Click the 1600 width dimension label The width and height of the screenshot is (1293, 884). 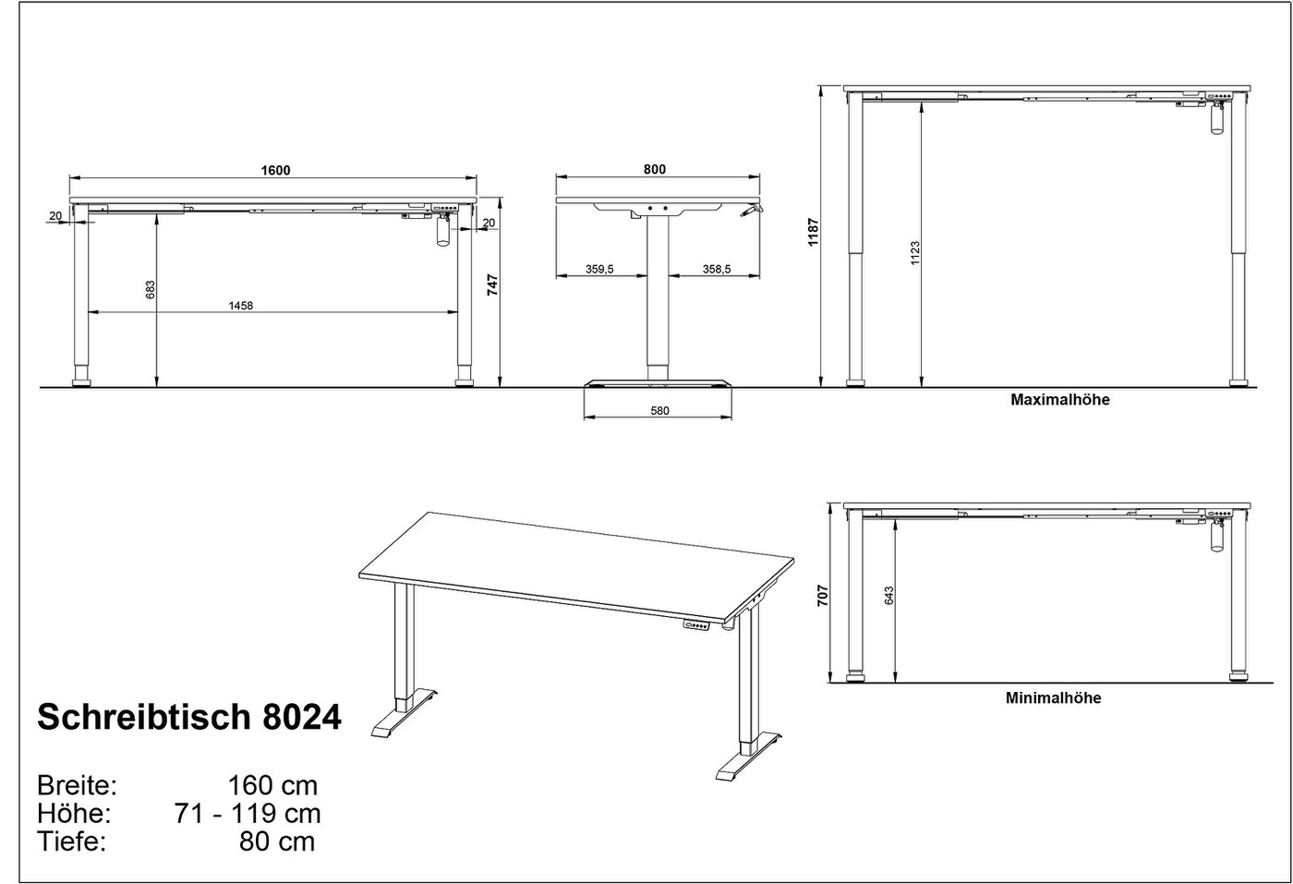275,170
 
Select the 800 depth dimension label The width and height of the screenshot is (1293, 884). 655,169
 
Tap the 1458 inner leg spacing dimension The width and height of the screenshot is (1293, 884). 241,306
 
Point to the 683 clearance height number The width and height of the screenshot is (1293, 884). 150,290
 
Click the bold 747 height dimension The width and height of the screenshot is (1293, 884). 492,285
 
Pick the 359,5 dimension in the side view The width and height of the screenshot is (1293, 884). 599,269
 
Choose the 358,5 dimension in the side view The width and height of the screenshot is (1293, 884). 717,269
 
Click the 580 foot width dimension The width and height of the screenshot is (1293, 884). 659,410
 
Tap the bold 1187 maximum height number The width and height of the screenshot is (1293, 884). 814,232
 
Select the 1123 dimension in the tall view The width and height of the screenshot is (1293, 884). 915,253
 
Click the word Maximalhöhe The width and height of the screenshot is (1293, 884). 1060,400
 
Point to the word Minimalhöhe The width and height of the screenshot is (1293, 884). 1054,697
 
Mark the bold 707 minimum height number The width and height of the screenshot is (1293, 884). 823,596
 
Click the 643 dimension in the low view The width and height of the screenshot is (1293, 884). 888,596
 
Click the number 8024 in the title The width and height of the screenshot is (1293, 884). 302,717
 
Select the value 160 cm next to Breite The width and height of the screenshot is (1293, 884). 273,785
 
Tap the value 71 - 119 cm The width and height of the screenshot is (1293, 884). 248,814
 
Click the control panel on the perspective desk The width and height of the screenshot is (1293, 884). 696,624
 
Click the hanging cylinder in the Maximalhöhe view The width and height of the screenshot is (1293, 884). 1217,121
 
